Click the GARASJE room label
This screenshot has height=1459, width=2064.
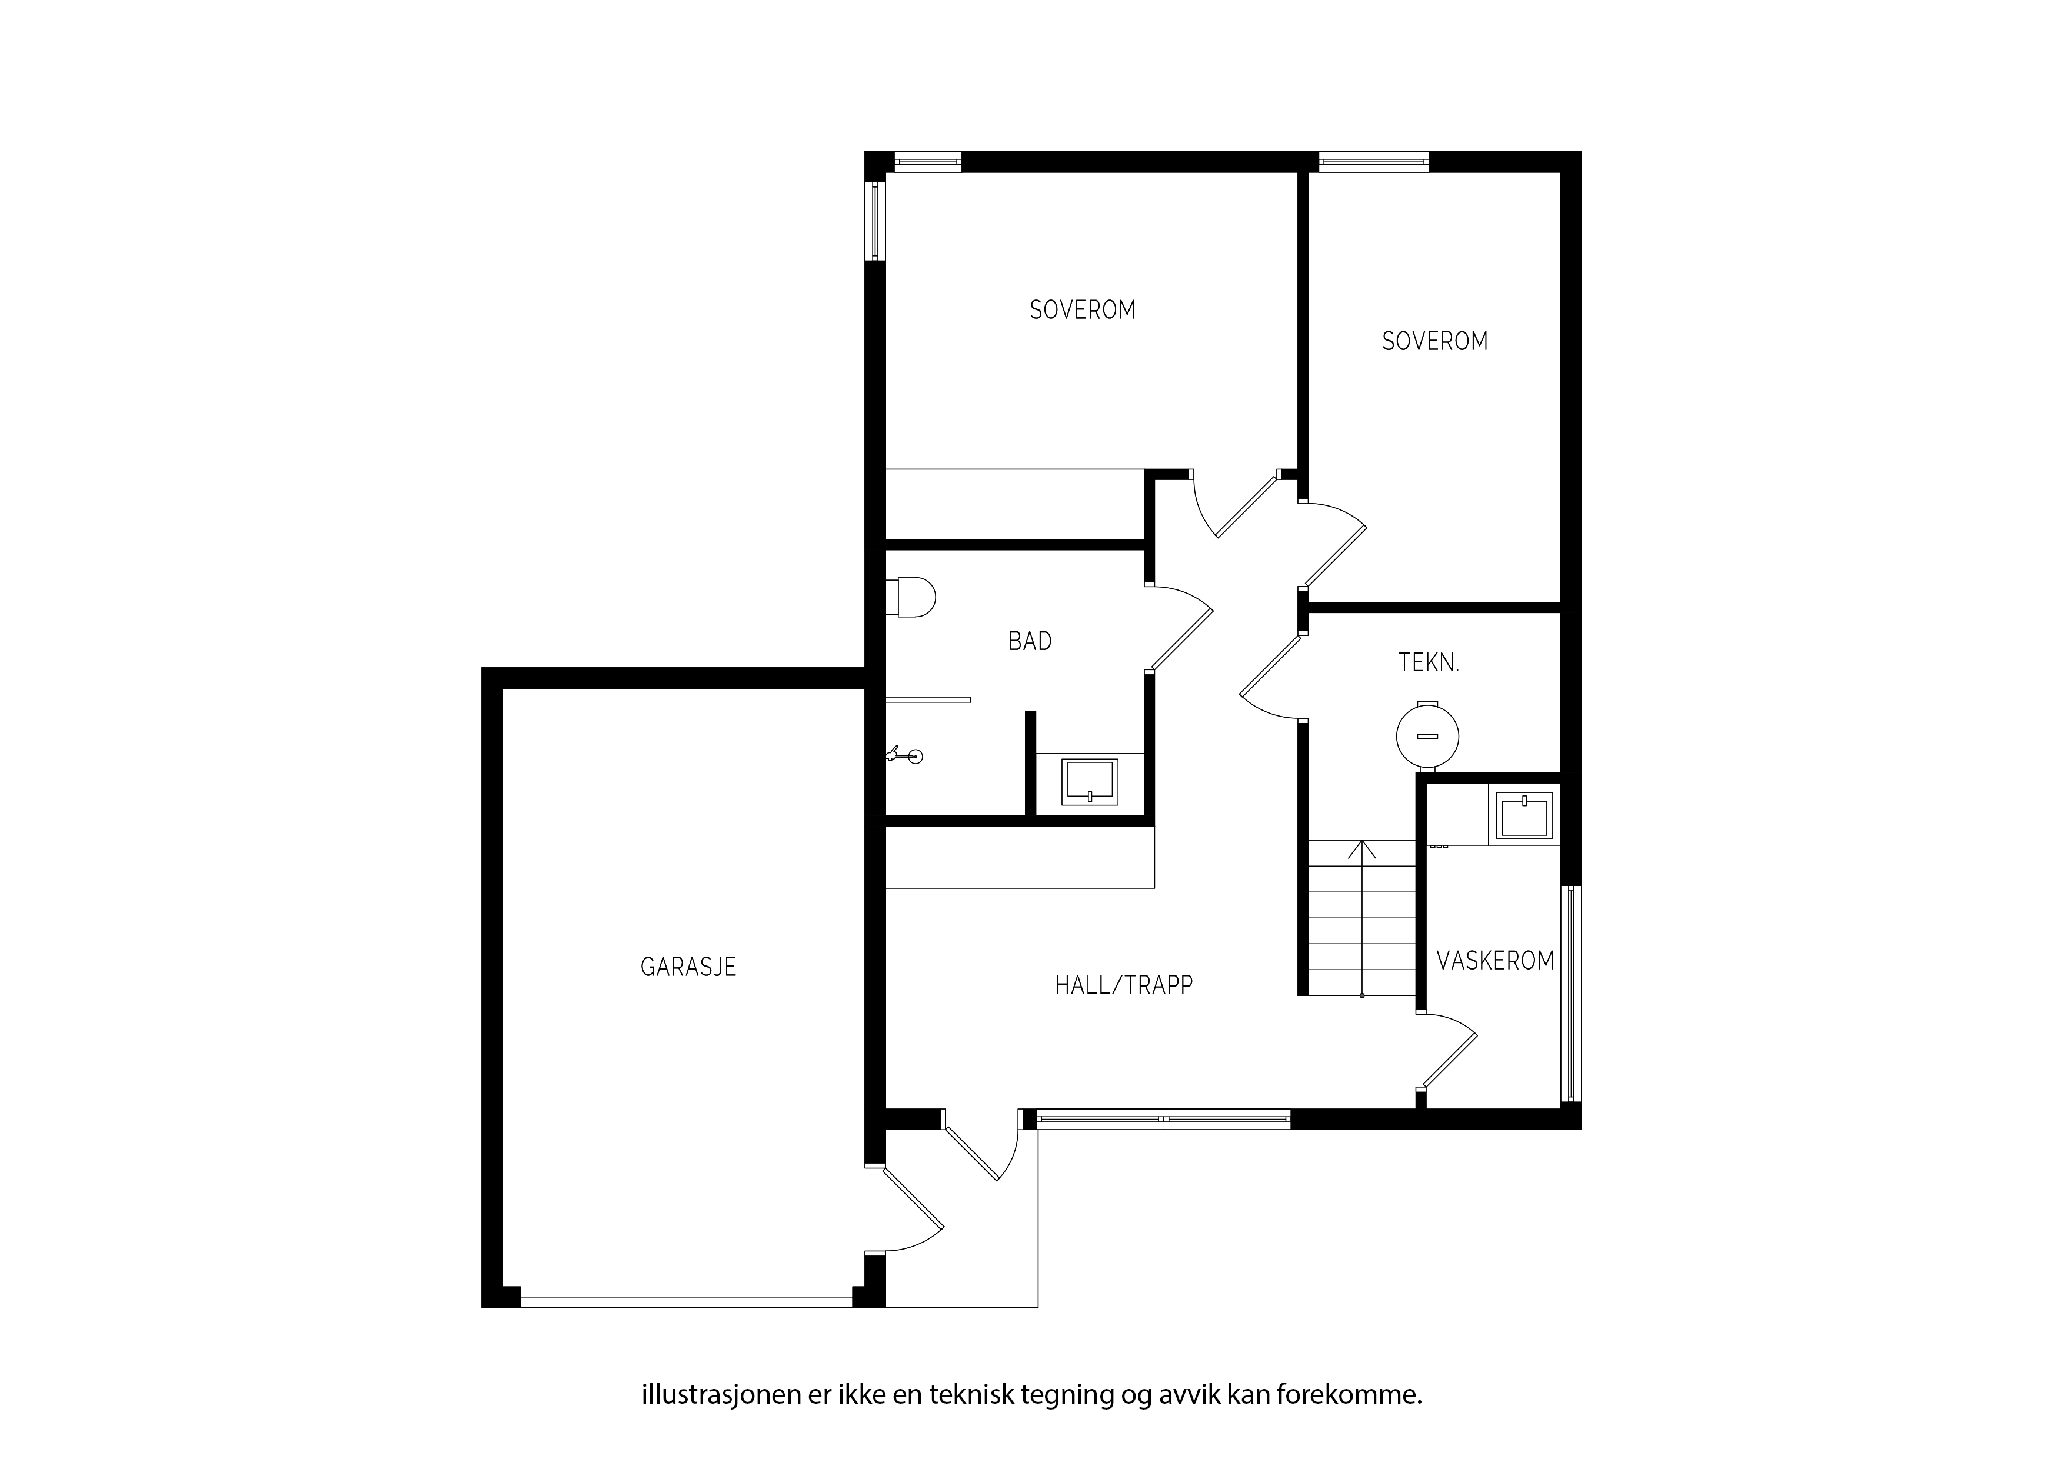click(x=688, y=967)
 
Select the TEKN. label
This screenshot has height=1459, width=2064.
click(x=1429, y=664)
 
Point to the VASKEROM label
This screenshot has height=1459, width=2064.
click(x=1495, y=961)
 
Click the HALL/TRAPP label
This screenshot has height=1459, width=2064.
click(x=1124, y=985)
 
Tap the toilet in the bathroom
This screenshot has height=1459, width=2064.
click(x=911, y=597)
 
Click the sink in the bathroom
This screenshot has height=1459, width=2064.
click(x=1090, y=781)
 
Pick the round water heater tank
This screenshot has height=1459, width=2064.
click(x=1427, y=736)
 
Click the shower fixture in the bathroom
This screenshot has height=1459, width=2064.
click(x=904, y=756)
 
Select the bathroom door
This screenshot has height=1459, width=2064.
click(x=1180, y=628)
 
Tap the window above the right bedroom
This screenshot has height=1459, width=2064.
click(x=1374, y=162)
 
